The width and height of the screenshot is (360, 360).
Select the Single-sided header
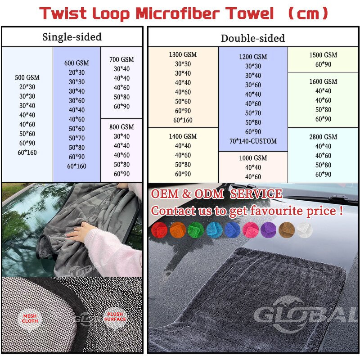click(72, 37)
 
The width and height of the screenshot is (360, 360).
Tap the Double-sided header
click(252, 38)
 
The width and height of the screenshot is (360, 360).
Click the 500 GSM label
click(27, 77)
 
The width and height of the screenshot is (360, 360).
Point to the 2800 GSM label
click(323, 137)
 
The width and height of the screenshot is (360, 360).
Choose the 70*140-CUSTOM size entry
click(253, 141)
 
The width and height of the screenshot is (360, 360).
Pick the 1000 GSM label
click(253, 158)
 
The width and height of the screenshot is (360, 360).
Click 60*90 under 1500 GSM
click(323, 64)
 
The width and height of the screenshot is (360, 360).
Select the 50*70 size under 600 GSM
click(76, 138)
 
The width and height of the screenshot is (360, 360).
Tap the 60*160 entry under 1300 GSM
click(183, 120)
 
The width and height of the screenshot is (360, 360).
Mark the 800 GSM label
click(121, 127)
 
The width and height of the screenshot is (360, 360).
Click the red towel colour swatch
click(159, 229)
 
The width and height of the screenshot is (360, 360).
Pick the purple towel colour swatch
click(268, 229)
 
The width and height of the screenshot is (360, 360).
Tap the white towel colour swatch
click(305, 229)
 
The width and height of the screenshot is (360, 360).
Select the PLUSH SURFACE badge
click(115, 317)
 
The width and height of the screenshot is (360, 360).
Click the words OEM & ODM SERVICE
click(216, 194)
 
